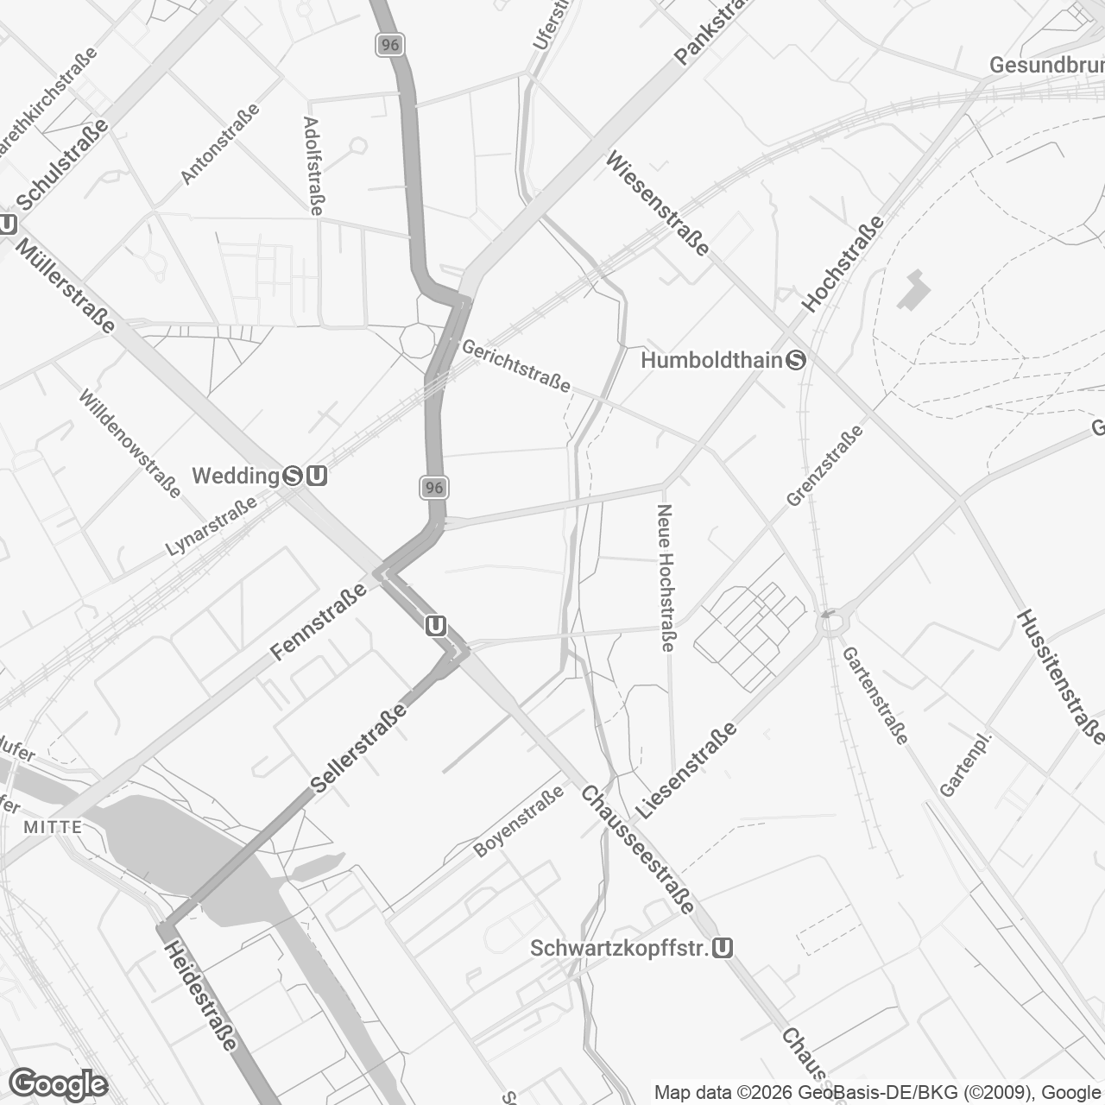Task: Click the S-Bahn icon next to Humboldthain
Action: pyautogui.click(x=796, y=360)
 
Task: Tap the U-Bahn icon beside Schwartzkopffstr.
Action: pyautogui.click(x=723, y=949)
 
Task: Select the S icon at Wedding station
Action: pyautogui.click(x=294, y=476)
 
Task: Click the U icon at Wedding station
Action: pyautogui.click(x=317, y=476)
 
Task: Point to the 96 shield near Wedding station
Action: pyautogui.click(x=434, y=488)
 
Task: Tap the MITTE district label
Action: pyautogui.click(x=53, y=827)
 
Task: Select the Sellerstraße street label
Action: pyautogui.click(x=359, y=748)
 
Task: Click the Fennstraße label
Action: pyautogui.click(x=318, y=622)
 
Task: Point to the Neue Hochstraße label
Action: pyautogui.click(x=666, y=578)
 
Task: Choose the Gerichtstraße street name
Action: pyautogui.click(x=516, y=366)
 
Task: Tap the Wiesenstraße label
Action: pyautogui.click(x=659, y=203)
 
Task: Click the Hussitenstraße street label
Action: pyautogui.click(x=1060, y=676)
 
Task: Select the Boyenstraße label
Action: pyautogui.click(x=518, y=821)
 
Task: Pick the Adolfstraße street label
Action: pyautogui.click(x=314, y=166)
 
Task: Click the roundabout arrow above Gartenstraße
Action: pyautogui.click(x=830, y=615)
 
